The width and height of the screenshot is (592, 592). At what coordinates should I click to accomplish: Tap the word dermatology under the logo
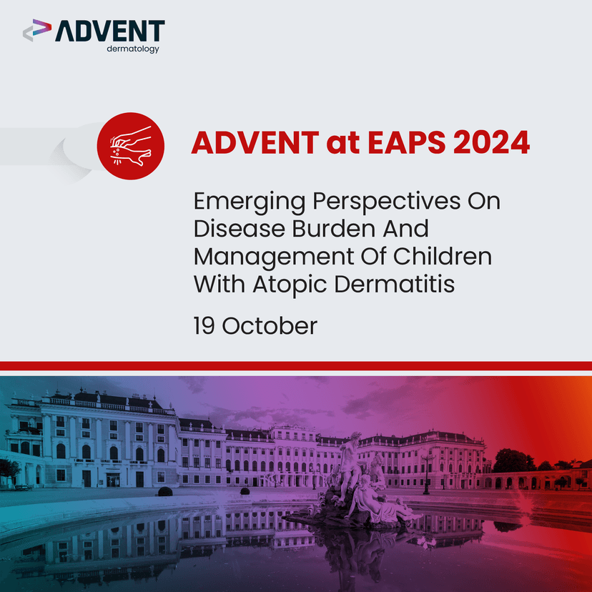tap(132, 49)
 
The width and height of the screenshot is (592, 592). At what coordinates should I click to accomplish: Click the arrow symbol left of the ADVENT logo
tap(37, 31)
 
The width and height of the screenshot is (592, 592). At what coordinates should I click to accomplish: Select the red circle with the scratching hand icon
tap(130, 146)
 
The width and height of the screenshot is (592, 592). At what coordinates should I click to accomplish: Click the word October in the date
tap(270, 326)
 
